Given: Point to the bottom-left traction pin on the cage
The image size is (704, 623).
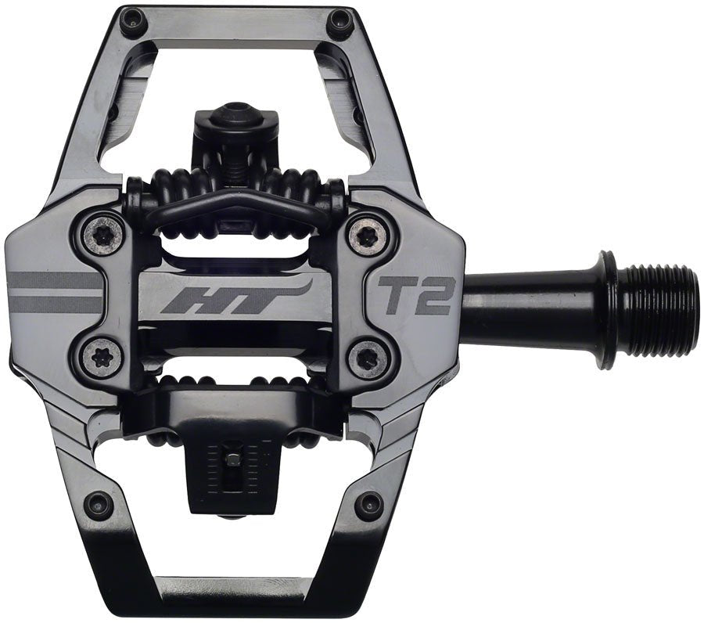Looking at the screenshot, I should point(99,504).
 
